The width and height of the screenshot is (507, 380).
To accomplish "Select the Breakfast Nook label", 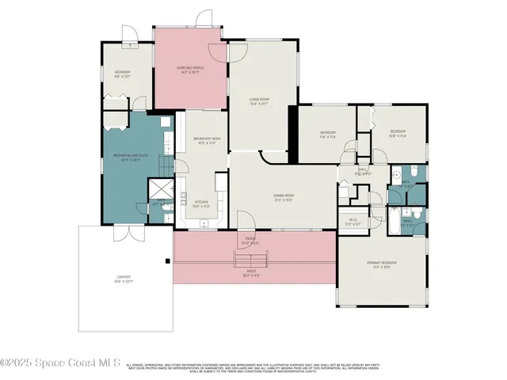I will pos(205,140).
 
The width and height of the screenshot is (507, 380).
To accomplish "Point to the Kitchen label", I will pos(201,203).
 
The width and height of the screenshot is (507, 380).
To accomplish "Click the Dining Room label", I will pos(284,197).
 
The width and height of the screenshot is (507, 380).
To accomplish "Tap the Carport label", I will pos(123,278).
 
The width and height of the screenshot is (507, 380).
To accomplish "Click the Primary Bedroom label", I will pos(381,264).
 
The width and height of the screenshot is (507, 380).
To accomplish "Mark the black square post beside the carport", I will pos(167,260).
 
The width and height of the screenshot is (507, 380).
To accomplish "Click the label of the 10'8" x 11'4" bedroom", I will pos(397,133).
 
